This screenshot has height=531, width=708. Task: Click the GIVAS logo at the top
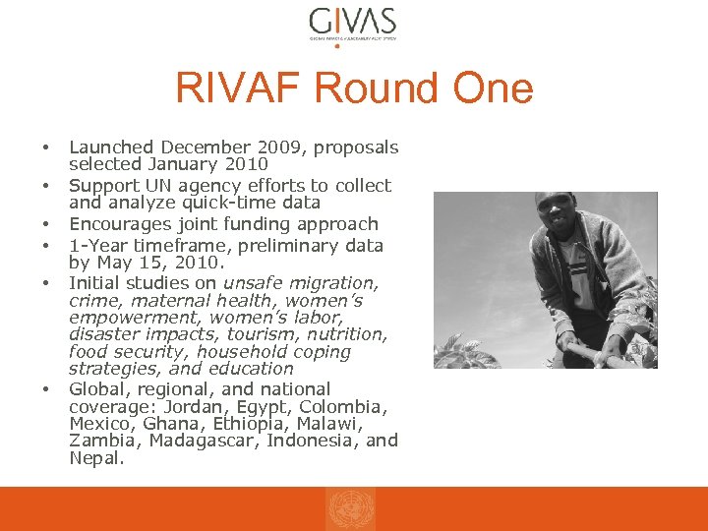[x=352, y=22]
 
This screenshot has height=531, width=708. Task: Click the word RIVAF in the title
[x=239, y=88]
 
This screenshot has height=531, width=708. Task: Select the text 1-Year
[x=95, y=245]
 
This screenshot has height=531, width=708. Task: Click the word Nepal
[x=94, y=457]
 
